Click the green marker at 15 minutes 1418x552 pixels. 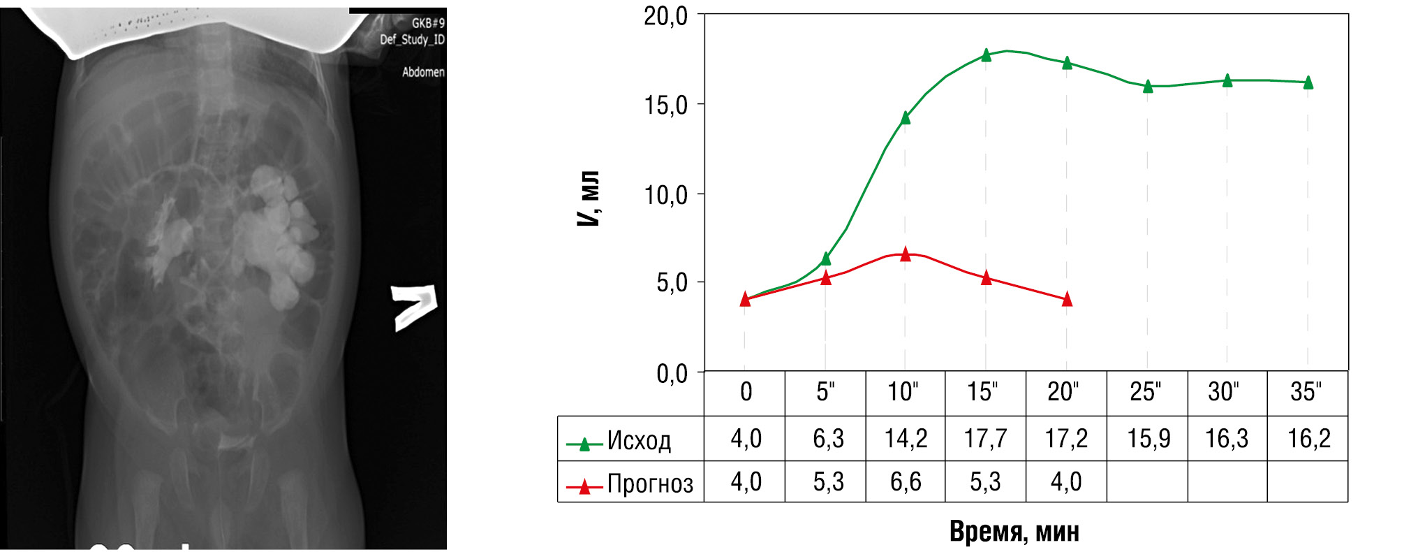click(x=986, y=55)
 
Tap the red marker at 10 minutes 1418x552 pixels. click(x=906, y=254)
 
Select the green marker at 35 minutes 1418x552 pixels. click(x=1308, y=82)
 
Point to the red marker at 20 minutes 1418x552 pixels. click(x=1067, y=300)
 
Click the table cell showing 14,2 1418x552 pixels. click(x=906, y=439)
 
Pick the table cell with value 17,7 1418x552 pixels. click(x=985, y=439)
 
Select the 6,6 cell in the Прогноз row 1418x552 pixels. click(x=906, y=481)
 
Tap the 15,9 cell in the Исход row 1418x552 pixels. click(x=1148, y=439)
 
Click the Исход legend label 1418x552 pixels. click(x=639, y=441)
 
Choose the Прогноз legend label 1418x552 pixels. click(x=650, y=484)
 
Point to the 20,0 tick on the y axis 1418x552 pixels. click(x=665, y=16)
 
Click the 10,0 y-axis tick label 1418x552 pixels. click(x=665, y=195)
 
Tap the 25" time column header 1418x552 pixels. click(x=1146, y=392)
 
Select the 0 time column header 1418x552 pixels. click(x=746, y=392)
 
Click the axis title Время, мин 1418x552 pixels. click(x=1014, y=532)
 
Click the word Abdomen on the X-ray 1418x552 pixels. click(x=423, y=72)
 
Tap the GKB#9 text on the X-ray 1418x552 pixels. click(x=428, y=23)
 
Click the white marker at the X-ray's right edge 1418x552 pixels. click(x=414, y=307)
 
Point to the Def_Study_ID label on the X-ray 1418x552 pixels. click(x=412, y=39)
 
